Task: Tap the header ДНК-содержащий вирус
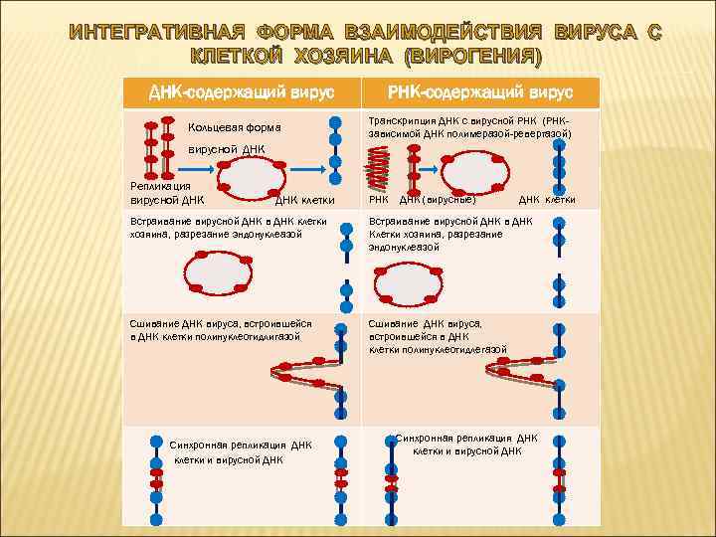240,92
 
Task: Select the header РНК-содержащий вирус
480,92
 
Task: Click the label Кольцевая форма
234,127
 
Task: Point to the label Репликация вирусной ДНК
160,192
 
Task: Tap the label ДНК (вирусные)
439,199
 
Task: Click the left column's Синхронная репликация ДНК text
241,445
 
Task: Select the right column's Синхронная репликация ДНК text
466,438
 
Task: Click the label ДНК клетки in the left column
304,199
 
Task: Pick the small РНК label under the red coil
379,199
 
